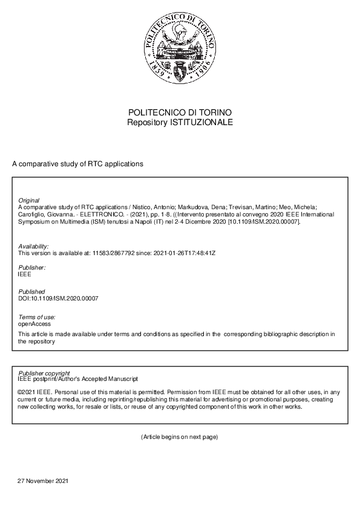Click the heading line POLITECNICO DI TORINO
(x=180, y=113)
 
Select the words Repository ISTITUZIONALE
(x=180, y=122)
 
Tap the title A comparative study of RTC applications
(x=77, y=164)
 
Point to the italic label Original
(x=29, y=200)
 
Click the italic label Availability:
(x=34, y=246)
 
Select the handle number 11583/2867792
(x=112, y=253)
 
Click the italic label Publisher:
(x=32, y=267)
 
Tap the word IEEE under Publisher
(x=25, y=274)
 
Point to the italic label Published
(x=31, y=292)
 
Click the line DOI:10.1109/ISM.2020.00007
(x=58, y=299)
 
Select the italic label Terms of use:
(x=37, y=317)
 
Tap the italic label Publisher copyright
(x=44, y=373)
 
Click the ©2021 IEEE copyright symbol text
(x=35, y=392)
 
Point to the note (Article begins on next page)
(x=179, y=436)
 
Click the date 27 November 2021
(x=44, y=481)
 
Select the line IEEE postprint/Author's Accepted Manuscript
(x=78, y=379)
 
